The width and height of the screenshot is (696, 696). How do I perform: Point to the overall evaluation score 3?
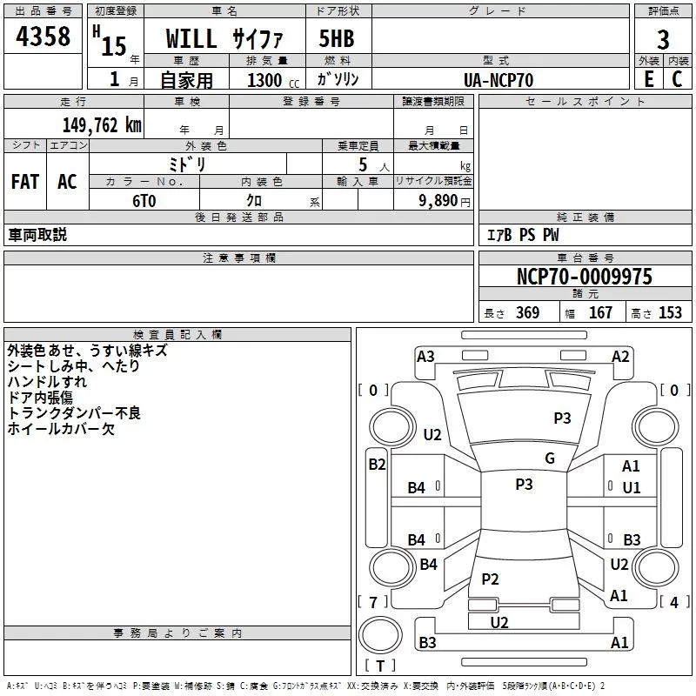tap(663, 39)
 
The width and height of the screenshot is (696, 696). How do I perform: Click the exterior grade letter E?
tap(648, 79)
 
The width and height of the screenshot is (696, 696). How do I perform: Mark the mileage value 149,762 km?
tap(101, 125)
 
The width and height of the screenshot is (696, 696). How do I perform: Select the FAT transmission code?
tap(25, 181)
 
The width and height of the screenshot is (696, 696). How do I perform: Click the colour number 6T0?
tap(144, 199)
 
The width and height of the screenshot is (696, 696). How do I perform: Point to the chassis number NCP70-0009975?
tap(584, 278)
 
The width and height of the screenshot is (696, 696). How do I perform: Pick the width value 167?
tap(600, 313)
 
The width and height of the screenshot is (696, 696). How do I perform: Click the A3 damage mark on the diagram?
tap(425, 357)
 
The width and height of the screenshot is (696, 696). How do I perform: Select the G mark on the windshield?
tap(549, 458)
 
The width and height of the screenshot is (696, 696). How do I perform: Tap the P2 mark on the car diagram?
tap(490, 579)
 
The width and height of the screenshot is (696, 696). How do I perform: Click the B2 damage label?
tap(376, 465)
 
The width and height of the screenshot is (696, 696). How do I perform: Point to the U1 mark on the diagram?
tap(632, 488)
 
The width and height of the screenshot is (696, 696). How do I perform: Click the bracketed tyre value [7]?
tap(372, 602)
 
